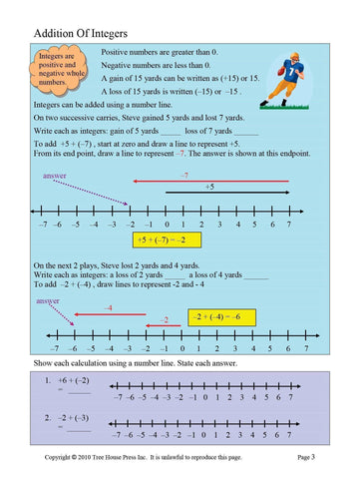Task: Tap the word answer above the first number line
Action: [x=58, y=176]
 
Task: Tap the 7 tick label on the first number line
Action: [x=288, y=225]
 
